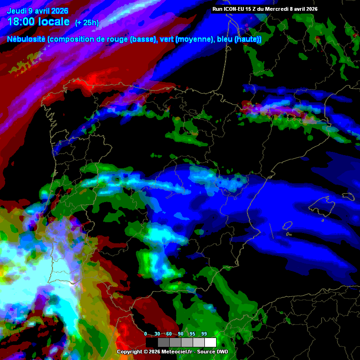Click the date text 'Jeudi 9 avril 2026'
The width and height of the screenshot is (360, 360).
pyautogui.click(x=37, y=11)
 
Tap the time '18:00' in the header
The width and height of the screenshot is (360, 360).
pyautogui.click(x=22, y=22)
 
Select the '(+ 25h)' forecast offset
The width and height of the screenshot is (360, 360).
pyautogui.click(x=87, y=23)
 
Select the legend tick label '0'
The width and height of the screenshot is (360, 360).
pyautogui.click(x=145, y=334)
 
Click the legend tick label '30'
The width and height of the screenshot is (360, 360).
pyautogui.click(x=157, y=334)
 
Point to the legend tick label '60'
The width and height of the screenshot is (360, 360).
pyautogui.click(x=169, y=334)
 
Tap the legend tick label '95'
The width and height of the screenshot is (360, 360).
pyautogui.click(x=193, y=334)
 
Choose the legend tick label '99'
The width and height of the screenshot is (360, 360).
pyautogui.click(x=204, y=334)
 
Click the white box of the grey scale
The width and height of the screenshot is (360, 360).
pyautogui.click(x=210, y=342)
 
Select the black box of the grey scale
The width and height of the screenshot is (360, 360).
pyautogui.click(x=152, y=342)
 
